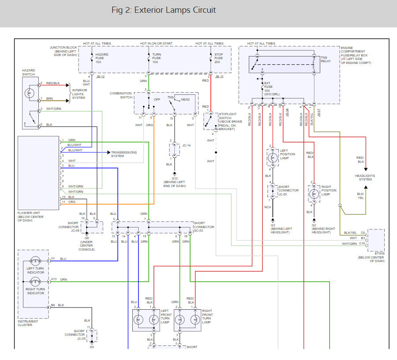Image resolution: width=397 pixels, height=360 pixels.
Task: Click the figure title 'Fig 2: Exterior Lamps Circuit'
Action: [164, 10]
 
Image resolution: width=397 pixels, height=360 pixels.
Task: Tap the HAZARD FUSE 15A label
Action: [102, 58]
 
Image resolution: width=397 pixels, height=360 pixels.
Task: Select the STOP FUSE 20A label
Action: [218, 58]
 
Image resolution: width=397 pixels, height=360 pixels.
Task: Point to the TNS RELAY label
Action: [326, 59]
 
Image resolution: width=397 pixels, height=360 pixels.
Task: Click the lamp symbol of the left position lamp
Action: [273, 158]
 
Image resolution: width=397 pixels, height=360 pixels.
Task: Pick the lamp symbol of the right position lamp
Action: [314, 194]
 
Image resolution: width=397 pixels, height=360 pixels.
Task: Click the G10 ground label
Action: [175, 179]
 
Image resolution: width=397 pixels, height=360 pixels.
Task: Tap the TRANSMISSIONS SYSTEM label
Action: [124, 154]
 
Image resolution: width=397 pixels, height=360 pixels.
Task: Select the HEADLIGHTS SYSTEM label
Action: [365, 177]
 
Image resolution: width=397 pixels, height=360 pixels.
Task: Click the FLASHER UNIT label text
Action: [29, 213]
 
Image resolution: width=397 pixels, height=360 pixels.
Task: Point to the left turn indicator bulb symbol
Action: [35, 261]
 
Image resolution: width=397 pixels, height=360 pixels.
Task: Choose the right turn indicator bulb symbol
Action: [35, 281]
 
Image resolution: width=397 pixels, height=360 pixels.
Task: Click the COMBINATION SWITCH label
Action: [121, 95]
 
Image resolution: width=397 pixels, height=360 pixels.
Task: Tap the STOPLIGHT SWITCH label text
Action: [228, 116]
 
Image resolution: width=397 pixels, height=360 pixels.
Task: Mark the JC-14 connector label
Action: [187, 145]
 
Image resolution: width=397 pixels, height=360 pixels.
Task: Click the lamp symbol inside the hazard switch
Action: [30, 93]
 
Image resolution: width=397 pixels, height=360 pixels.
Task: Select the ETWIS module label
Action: [379, 253]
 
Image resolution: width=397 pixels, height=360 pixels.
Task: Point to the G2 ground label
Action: [314, 225]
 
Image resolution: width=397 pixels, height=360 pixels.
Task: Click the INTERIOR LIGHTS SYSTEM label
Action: [79, 94]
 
